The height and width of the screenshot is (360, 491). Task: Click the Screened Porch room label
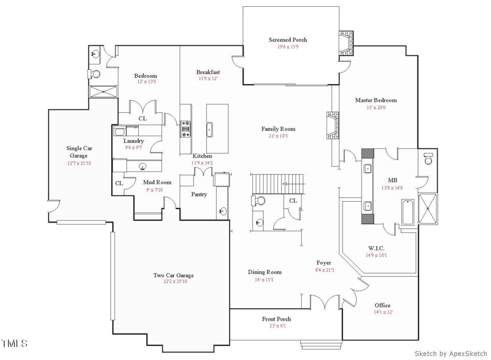point(287,40)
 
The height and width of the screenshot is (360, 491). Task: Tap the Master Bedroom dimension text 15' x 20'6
point(376,108)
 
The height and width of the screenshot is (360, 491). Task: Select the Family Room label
point(278,129)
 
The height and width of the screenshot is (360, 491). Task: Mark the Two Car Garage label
point(171,275)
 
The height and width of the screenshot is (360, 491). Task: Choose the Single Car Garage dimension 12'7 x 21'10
point(79,163)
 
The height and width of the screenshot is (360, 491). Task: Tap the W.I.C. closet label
point(376,248)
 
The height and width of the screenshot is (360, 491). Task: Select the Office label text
point(382,305)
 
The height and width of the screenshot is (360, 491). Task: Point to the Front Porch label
point(276,319)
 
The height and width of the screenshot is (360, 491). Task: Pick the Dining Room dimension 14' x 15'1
point(265,280)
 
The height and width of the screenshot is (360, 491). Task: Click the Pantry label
point(199,194)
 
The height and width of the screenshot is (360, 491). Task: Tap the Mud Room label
point(157,182)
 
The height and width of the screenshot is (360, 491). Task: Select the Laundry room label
point(134,140)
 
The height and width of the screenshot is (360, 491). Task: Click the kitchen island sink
point(210,129)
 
